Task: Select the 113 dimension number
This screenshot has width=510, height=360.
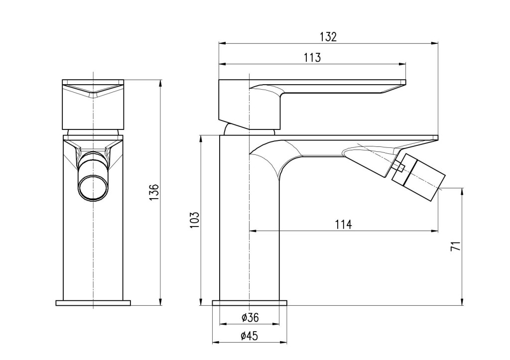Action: [x=312, y=58]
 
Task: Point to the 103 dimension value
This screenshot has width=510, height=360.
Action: [x=194, y=220]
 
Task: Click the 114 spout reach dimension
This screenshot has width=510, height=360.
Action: [x=343, y=225]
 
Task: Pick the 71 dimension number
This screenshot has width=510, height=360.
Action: [x=456, y=246]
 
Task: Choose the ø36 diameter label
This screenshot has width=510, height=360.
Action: [x=250, y=317]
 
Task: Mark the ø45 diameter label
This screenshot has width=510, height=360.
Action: [x=250, y=336]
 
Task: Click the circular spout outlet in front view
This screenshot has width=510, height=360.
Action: [x=93, y=188]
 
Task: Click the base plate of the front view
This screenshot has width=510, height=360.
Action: [x=93, y=303]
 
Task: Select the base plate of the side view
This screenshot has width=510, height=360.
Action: [x=250, y=303]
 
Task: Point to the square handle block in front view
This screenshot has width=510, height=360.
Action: [x=93, y=105]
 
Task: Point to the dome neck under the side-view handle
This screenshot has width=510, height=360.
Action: [x=250, y=129]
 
